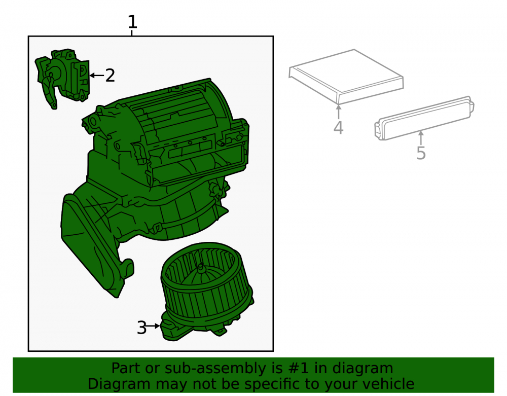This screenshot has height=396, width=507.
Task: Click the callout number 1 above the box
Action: pos(132,22)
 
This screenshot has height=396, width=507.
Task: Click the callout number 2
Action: pos(110,76)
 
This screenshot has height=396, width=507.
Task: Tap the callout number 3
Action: pos(141,328)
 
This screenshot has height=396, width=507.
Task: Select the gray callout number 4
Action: pos(338,128)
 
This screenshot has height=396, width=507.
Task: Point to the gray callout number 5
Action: pos(421,153)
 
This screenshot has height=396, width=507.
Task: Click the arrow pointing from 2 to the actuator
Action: pos(97,76)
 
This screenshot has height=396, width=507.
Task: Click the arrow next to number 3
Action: pos(153,326)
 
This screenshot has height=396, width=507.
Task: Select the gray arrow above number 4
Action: pos(339,112)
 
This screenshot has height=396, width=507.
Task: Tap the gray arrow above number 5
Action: pos(421,138)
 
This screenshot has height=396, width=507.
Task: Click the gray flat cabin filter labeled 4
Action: pos(346,77)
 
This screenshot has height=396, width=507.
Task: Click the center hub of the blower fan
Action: pos(201,268)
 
